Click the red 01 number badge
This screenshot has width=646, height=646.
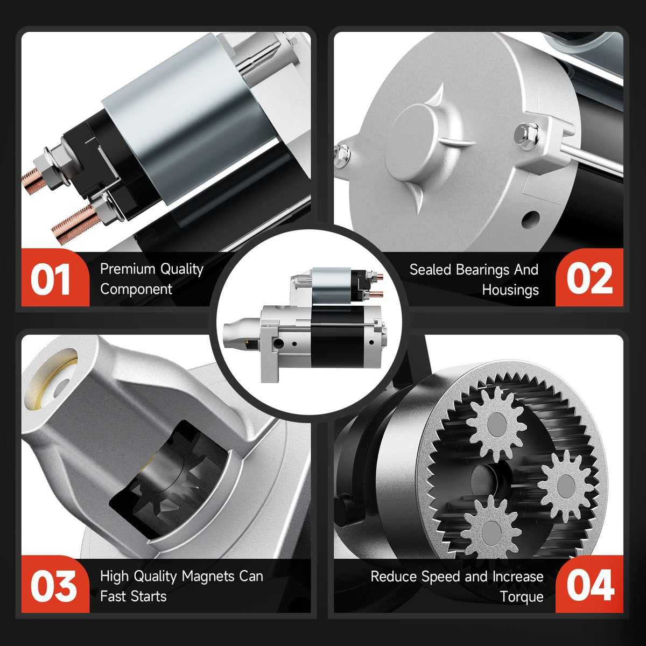[55, 278]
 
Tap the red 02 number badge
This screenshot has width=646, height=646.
[589, 278]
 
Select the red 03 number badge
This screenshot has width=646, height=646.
[55, 585]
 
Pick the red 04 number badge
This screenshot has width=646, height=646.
[589, 585]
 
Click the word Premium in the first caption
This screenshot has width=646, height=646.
[128, 269]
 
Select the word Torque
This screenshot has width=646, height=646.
[522, 597]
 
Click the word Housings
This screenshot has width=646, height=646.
[510, 290]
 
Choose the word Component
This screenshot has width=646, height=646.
[136, 289]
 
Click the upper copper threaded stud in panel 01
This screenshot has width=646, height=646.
[33, 178]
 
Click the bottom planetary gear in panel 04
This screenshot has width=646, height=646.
[491, 533]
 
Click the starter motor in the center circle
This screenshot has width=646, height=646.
[305, 325]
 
